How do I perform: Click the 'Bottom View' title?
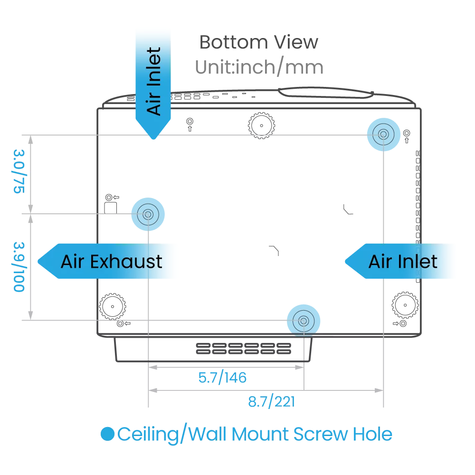click(258, 42)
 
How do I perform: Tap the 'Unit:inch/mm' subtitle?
click(259, 67)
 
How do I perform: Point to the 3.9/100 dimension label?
click(19, 266)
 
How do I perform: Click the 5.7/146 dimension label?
click(222, 378)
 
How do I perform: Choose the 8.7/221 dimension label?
click(271, 402)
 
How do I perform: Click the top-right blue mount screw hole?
click(383, 135)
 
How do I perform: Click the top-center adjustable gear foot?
click(261, 125)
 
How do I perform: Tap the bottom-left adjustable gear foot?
click(112, 306)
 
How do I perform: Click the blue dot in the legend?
click(109, 434)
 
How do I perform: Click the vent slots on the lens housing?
click(243, 349)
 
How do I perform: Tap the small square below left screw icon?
click(110, 208)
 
